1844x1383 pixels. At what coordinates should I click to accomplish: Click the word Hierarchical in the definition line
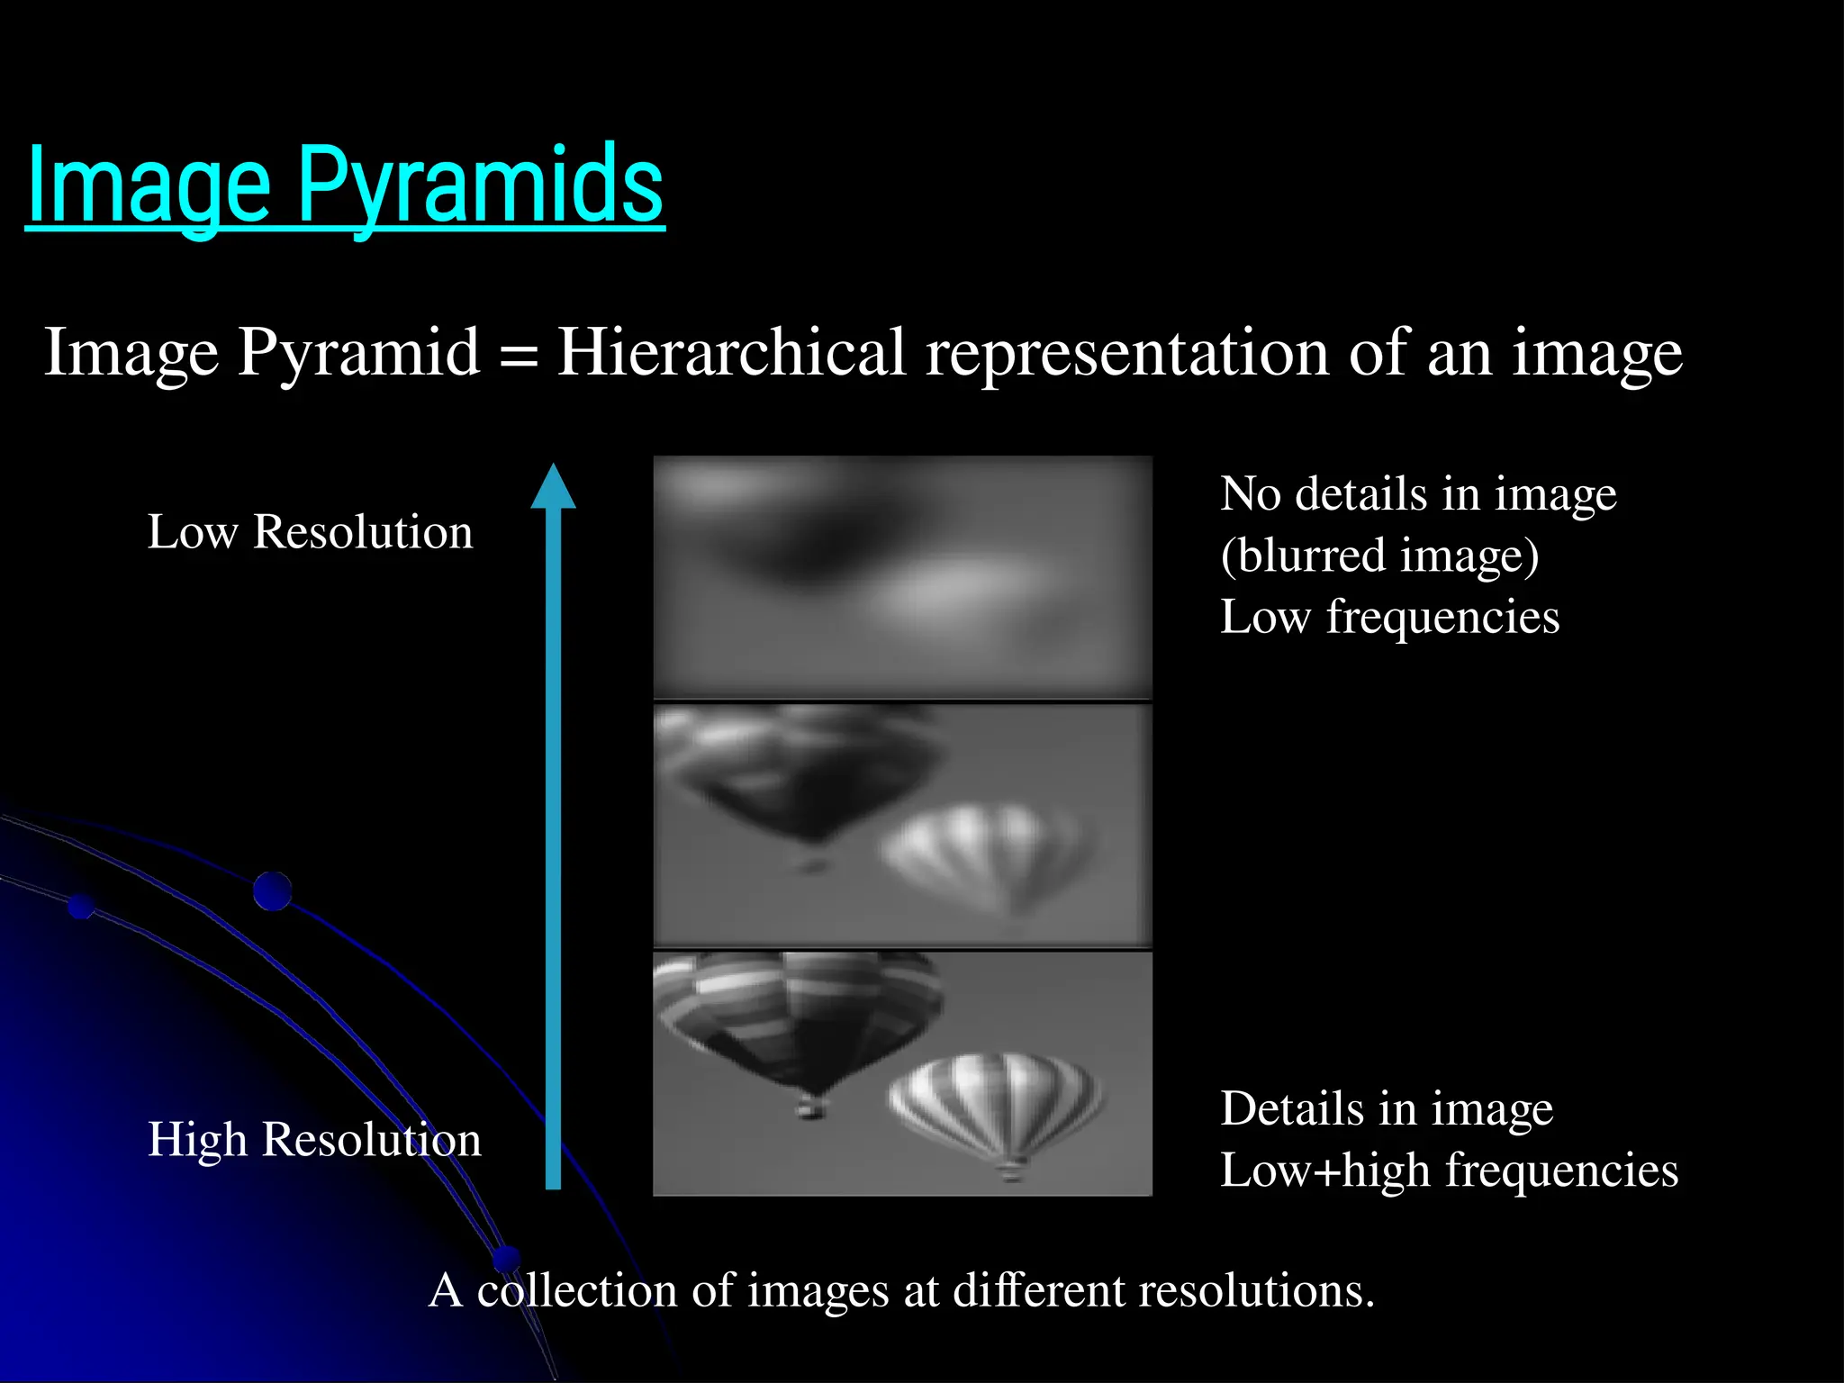(x=731, y=353)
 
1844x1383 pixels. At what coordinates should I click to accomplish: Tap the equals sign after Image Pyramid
(x=518, y=355)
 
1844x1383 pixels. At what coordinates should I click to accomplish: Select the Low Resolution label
(x=310, y=531)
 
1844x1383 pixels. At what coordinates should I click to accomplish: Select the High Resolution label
(x=314, y=1139)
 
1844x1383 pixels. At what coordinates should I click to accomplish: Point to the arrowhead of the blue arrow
(x=553, y=487)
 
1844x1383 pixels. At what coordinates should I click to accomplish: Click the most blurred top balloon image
(x=902, y=576)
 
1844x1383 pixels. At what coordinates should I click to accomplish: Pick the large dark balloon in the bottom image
(x=797, y=1017)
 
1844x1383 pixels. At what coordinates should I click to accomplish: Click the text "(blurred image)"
(x=1379, y=556)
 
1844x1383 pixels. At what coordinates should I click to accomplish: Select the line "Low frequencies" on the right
(x=1389, y=618)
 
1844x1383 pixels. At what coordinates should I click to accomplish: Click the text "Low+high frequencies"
(x=1449, y=1171)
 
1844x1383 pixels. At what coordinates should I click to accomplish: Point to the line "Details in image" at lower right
(x=1387, y=1108)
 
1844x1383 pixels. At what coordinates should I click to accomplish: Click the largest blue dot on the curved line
(x=272, y=891)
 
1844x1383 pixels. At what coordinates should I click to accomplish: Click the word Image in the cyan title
(x=149, y=186)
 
